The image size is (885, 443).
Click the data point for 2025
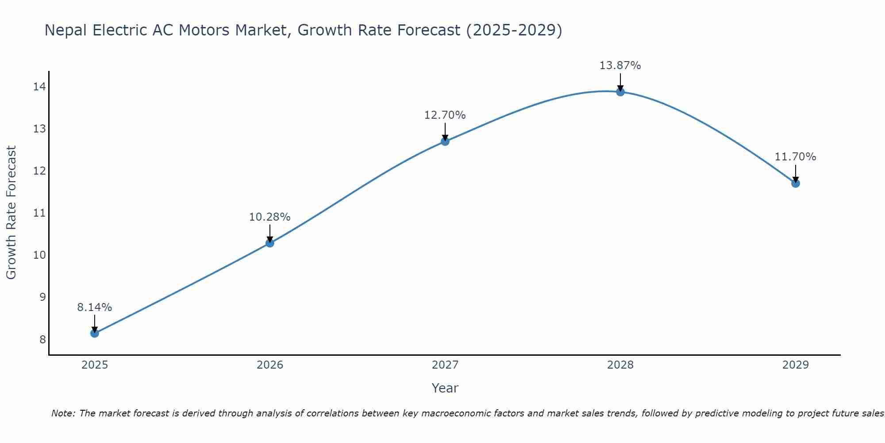click(95, 333)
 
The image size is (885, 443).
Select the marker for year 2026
click(270, 243)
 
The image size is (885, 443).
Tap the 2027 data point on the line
click(445, 141)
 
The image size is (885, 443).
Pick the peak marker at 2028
click(620, 92)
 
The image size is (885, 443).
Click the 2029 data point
click(796, 183)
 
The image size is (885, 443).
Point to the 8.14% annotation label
click(95, 307)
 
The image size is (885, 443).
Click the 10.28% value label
click(270, 217)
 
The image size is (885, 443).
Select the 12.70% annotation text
click(445, 115)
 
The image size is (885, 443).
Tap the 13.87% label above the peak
click(620, 66)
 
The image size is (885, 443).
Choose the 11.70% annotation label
click(796, 157)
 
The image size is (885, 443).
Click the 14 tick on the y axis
click(39, 87)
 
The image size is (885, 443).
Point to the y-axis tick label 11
click(39, 213)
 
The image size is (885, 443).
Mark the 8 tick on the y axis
click(42, 339)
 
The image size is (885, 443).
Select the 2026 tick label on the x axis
click(270, 365)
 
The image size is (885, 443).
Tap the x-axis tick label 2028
click(620, 365)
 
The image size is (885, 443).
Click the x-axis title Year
click(445, 388)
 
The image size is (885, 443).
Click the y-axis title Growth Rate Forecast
click(12, 213)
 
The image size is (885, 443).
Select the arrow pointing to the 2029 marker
click(796, 173)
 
